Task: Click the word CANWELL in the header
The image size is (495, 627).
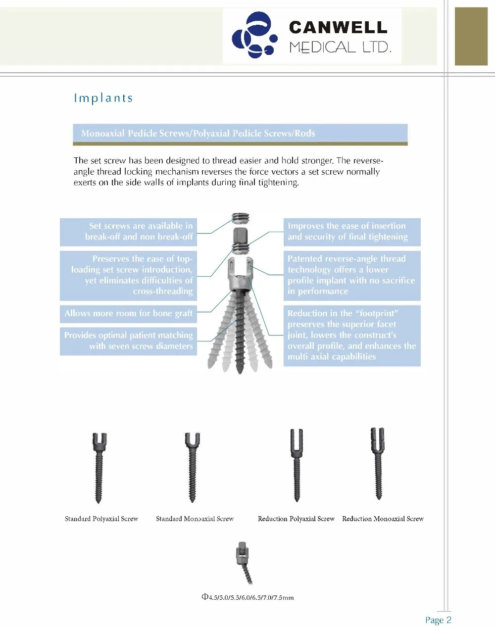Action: [338, 27]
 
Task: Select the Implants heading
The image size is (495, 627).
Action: [103, 98]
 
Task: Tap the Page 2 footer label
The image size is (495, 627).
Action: [438, 620]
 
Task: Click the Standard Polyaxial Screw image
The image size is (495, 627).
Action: [99, 468]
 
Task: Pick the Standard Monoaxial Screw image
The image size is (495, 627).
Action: [193, 468]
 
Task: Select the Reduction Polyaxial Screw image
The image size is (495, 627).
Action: [296, 465]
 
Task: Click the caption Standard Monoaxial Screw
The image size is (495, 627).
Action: [195, 519]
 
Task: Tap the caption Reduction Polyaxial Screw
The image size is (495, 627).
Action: [296, 519]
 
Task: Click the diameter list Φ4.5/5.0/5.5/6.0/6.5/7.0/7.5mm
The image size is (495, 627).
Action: [247, 597]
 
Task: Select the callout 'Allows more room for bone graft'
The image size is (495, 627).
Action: [128, 313]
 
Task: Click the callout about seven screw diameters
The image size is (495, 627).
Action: [128, 340]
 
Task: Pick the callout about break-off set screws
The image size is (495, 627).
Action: [128, 232]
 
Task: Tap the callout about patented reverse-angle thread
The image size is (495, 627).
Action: [351, 275]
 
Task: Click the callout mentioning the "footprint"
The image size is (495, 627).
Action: [351, 335]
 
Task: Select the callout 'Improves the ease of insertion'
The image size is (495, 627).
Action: [351, 232]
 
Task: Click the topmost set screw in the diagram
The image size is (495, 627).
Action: [241, 218]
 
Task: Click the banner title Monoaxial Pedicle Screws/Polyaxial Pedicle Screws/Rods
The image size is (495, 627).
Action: [198, 133]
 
